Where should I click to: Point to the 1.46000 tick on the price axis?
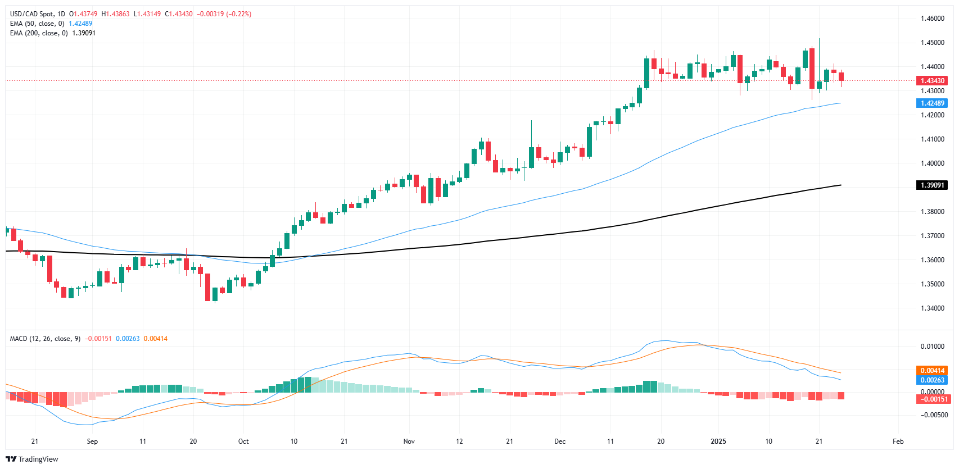pyautogui.click(x=933, y=19)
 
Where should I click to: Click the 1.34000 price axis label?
pyautogui.click(x=933, y=308)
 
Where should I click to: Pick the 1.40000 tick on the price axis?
pyautogui.click(x=933, y=163)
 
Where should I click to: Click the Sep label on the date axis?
pyautogui.click(x=93, y=441)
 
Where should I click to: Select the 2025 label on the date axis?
pyautogui.click(x=718, y=441)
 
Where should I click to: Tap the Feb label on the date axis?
pyautogui.click(x=898, y=441)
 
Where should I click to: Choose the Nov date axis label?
pyautogui.click(x=409, y=441)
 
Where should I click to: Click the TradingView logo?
pyautogui.click(x=33, y=459)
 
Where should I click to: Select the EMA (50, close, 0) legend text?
pyautogui.click(x=37, y=24)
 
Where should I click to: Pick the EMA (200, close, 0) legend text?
pyautogui.click(x=39, y=33)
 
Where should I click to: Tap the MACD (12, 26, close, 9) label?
pyautogui.click(x=45, y=339)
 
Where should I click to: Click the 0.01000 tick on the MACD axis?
pyautogui.click(x=933, y=346)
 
